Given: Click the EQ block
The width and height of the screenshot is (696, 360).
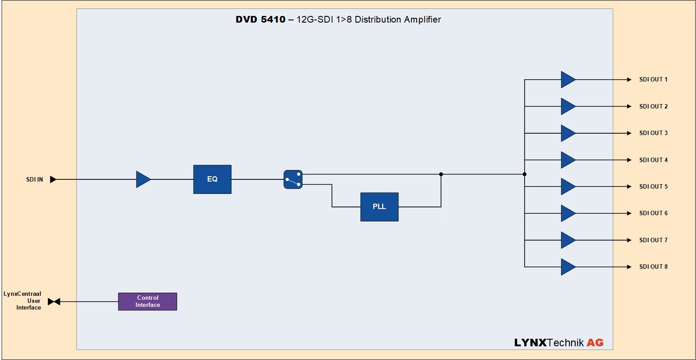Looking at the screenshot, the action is pyautogui.click(x=212, y=179).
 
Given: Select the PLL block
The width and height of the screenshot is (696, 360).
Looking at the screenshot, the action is pyautogui.click(x=379, y=207).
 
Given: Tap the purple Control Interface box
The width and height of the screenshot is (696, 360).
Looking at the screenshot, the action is pyautogui.click(x=147, y=302).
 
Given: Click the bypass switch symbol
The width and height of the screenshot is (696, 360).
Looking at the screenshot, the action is pyautogui.click(x=293, y=179).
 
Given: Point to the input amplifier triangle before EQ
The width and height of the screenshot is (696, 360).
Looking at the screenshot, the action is pyautogui.click(x=143, y=179).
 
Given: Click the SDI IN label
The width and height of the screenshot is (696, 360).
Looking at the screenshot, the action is pyautogui.click(x=35, y=179).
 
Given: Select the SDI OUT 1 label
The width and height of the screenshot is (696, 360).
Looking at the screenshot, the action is pyautogui.click(x=653, y=80).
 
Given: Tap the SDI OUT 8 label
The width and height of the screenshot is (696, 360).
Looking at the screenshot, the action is pyautogui.click(x=653, y=267).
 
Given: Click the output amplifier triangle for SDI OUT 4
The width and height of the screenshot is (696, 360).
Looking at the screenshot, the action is pyautogui.click(x=568, y=160).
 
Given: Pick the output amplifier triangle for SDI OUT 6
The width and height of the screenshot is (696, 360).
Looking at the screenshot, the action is pyautogui.click(x=568, y=213).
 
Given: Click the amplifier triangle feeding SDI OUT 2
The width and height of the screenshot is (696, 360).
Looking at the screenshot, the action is pyautogui.click(x=568, y=106).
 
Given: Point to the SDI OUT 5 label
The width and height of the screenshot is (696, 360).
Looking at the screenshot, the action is pyautogui.click(x=653, y=186).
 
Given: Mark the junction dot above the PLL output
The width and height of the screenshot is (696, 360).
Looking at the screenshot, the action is pyautogui.click(x=441, y=174).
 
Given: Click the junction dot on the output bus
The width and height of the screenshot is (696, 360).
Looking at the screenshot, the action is pyautogui.click(x=525, y=174).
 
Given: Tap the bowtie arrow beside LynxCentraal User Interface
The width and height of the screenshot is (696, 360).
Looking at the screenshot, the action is pyautogui.click(x=54, y=302).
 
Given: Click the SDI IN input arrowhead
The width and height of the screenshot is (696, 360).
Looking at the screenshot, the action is pyautogui.click(x=53, y=179).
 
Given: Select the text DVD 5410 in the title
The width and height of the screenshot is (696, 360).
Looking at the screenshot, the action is pyautogui.click(x=260, y=19).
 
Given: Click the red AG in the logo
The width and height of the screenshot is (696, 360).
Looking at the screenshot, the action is pyautogui.click(x=595, y=343).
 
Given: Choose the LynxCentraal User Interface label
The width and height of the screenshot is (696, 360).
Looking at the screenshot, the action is pyautogui.click(x=23, y=301).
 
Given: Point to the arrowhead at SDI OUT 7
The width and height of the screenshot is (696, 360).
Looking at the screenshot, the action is pyautogui.click(x=629, y=240).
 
